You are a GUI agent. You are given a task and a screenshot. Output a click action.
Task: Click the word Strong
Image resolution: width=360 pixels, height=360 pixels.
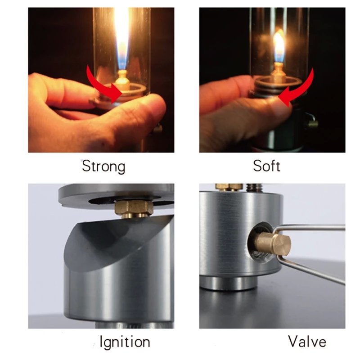point(103,166)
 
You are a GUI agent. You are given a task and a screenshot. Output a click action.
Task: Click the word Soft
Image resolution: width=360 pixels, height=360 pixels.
point(266,166)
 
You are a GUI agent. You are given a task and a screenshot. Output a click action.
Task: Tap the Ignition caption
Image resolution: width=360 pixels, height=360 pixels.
point(125,342)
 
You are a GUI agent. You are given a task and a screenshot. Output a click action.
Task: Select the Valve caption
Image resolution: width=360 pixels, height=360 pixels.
point(307,342)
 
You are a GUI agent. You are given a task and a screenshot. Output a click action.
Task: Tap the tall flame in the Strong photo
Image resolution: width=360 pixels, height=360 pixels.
point(121,37)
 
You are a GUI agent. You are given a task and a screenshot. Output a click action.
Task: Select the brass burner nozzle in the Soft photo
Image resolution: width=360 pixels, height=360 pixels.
point(278,71)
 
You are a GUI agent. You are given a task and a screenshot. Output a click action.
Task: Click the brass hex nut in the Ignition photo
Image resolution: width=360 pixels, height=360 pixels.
point(134,208)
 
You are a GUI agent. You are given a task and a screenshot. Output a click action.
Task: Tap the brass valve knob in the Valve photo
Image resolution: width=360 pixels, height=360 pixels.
point(273,244)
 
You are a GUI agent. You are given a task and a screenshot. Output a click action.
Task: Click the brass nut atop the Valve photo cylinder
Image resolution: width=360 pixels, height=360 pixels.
point(229,187)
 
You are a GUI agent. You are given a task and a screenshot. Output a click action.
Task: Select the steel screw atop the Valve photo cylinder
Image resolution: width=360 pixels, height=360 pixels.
point(254,188)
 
